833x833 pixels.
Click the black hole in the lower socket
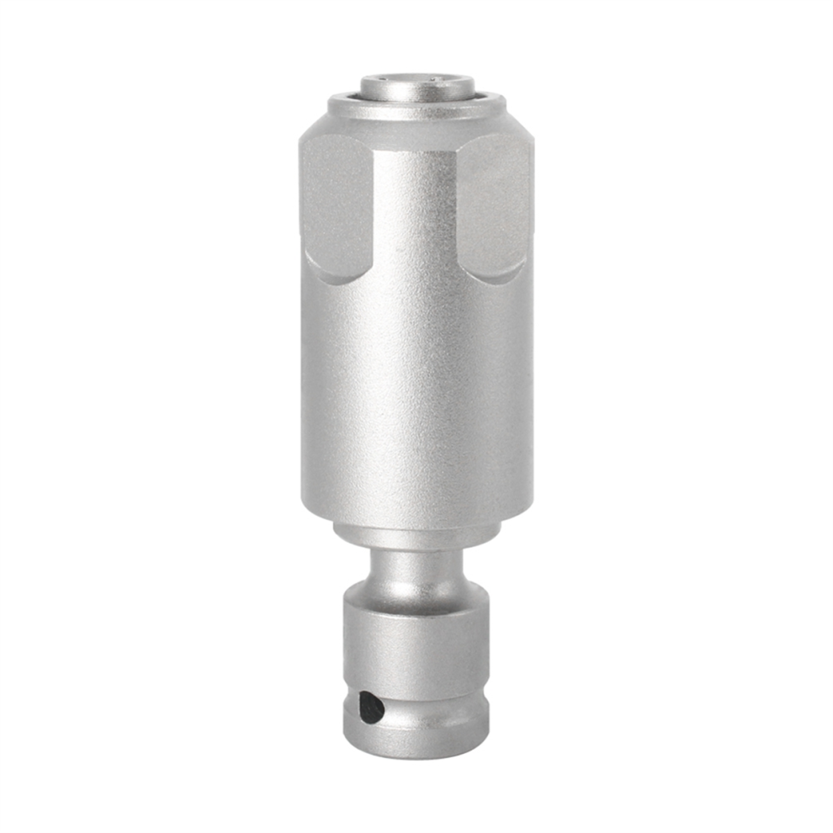coord(370,707)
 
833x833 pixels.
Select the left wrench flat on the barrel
coord(337,206)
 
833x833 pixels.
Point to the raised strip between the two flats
coord(416,210)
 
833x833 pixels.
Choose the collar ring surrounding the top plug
coord(416,107)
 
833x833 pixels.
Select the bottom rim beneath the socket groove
coord(416,740)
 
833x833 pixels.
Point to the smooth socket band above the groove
coord(416,656)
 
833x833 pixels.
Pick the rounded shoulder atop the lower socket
coord(416,599)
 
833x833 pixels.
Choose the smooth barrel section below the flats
coord(416,404)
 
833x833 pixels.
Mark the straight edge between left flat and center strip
coord(374,210)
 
